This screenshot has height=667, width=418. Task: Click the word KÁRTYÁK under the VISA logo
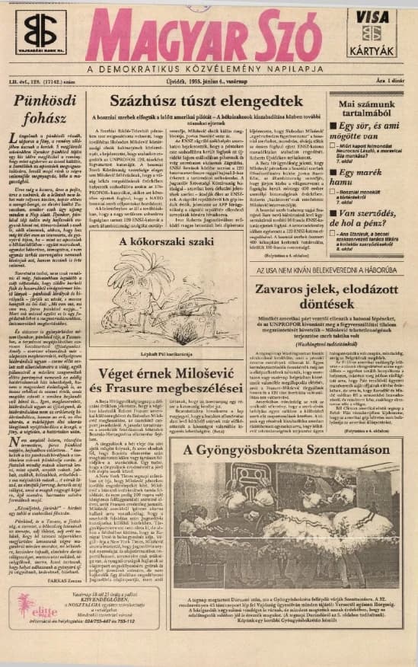point(372,51)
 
